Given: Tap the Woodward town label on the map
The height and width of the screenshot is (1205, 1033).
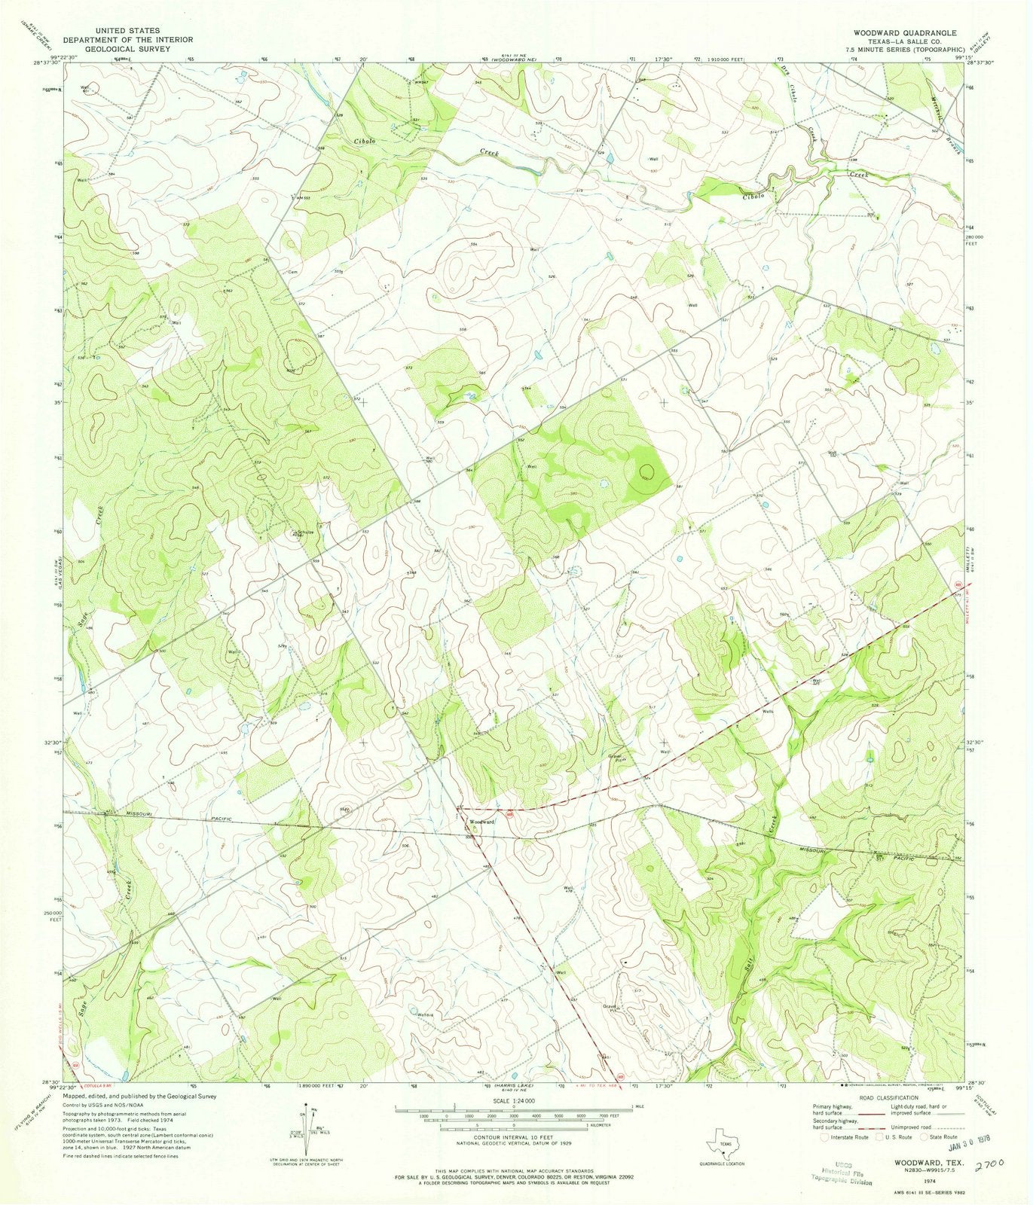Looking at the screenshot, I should click(482, 822).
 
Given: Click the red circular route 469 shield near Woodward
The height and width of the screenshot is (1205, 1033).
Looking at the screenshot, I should click(509, 814).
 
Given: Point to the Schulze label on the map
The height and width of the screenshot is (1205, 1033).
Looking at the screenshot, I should click(304, 532).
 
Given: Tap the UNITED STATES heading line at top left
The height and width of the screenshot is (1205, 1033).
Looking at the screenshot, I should click(127, 31).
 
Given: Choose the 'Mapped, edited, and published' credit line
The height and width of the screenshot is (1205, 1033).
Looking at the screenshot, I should click(141, 1097).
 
